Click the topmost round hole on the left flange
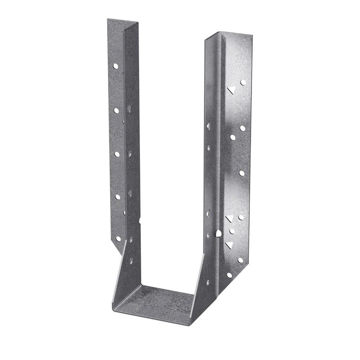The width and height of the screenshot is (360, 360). (116, 66)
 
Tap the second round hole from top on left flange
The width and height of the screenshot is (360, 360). (116, 110)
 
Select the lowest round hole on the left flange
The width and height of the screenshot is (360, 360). (118, 239)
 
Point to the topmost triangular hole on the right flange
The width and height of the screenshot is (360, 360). (231, 90)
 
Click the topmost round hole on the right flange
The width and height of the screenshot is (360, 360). (243, 83)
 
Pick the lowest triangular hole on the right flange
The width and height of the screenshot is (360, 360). (229, 245)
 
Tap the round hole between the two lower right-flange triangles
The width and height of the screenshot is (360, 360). (232, 231)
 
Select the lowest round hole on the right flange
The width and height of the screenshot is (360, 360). (229, 275)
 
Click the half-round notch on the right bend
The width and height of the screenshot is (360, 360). (218, 234)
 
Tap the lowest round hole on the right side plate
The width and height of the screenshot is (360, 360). (207, 282)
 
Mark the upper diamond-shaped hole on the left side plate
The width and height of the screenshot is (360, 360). (129, 108)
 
